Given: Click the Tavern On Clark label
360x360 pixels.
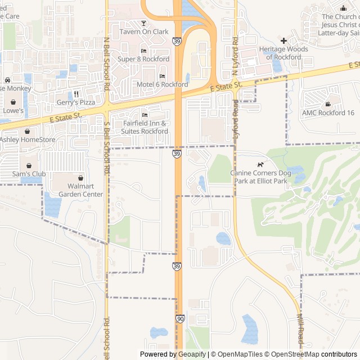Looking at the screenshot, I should (144, 32).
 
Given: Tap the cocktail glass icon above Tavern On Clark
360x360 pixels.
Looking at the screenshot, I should (143, 23).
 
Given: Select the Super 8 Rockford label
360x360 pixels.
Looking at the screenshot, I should (143, 59).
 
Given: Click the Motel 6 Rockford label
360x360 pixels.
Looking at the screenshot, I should (163, 84).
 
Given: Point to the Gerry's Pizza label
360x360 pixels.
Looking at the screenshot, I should (76, 102).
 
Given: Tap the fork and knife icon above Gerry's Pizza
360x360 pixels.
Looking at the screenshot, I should (76, 94).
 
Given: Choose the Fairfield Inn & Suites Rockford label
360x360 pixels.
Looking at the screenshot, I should (145, 127).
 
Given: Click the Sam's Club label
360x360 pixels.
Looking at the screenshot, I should (29, 174).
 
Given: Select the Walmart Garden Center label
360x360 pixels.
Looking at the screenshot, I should (81, 190).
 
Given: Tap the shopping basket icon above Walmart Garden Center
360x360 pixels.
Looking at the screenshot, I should (80, 178).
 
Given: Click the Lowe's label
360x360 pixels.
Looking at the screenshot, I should (13, 111).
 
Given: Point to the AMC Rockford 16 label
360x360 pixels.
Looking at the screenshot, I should (328, 112).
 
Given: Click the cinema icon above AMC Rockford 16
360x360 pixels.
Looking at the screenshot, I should (328, 104).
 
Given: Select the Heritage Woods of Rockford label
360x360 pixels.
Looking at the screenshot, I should (283, 53).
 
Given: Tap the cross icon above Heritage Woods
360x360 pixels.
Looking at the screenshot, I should (283, 40).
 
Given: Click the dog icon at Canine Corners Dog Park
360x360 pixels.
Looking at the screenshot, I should (260, 164).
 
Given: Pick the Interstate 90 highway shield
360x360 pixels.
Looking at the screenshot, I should (179, 319).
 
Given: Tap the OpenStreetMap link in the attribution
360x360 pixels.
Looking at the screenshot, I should (292, 354).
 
